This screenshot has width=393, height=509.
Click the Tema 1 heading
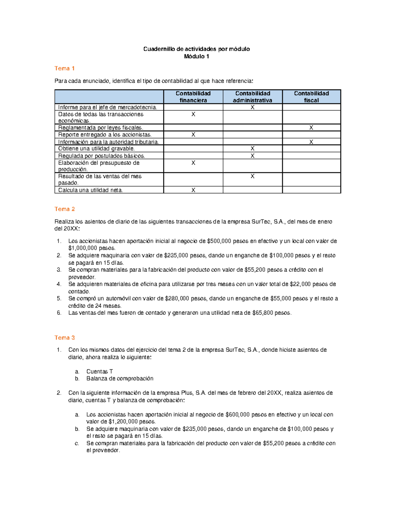65,69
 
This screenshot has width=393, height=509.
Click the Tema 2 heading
65,209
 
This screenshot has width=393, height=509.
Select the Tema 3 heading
65,338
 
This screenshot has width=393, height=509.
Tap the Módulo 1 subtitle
196,56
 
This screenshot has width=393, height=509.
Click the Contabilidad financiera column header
193,97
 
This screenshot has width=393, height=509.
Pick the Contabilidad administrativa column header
253,97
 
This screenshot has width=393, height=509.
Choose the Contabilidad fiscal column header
311,97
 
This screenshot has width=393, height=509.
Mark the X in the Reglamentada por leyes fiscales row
311,128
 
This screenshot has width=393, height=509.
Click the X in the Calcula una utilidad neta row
193,190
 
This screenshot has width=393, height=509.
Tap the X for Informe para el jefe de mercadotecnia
253,107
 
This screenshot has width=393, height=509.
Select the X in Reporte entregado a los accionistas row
193,135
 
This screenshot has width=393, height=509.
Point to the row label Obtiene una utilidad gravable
96,149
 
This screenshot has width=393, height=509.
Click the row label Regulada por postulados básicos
102,156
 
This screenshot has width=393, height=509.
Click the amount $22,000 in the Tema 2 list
300,284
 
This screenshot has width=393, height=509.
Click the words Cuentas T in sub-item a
100,371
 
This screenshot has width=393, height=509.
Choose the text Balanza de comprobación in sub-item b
120,379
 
